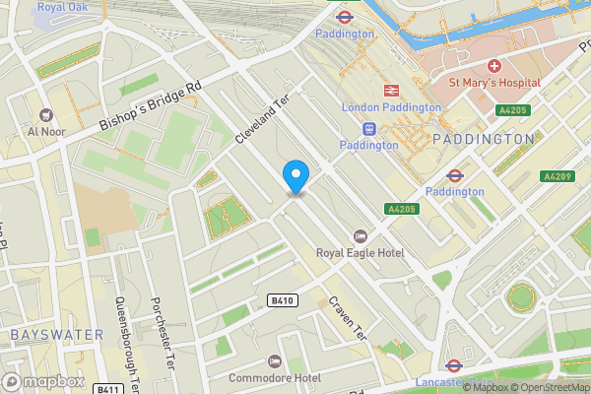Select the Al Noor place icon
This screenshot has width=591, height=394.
click(x=46, y=114)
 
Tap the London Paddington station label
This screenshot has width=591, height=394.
click(x=391, y=106)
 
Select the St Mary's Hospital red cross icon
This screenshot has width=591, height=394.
click(x=493, y=65)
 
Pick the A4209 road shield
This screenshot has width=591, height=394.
click(x=558, y=176)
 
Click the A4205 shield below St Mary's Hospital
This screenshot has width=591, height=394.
click(x=509, y=110)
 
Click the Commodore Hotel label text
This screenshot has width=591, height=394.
click(x=275, y=378)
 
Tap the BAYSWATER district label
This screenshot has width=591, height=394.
click(x=56, y=335)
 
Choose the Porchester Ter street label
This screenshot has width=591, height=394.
click(x=163, y=335)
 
